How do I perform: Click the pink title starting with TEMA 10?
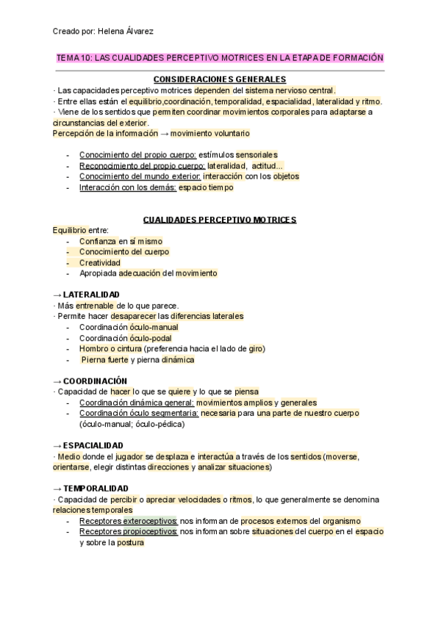[x=220, y=57]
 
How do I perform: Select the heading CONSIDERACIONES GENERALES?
[x=220, y=79]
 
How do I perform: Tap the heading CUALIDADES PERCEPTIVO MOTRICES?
[x=220, y=220]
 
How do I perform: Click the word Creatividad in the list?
[x=100, y=262]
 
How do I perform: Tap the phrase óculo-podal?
[x=151, y=338]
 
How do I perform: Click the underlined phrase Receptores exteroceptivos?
[x=129, y=521]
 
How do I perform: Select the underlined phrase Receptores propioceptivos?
[x=129, y=531]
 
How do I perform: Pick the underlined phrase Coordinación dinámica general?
[x=137, y=403]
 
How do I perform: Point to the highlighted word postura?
[x=130, y=543]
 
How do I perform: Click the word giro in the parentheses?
[x=256, y=348]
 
